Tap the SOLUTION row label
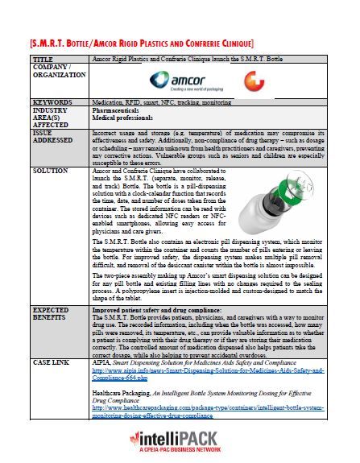pyautogui.click(x=50, y=172)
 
